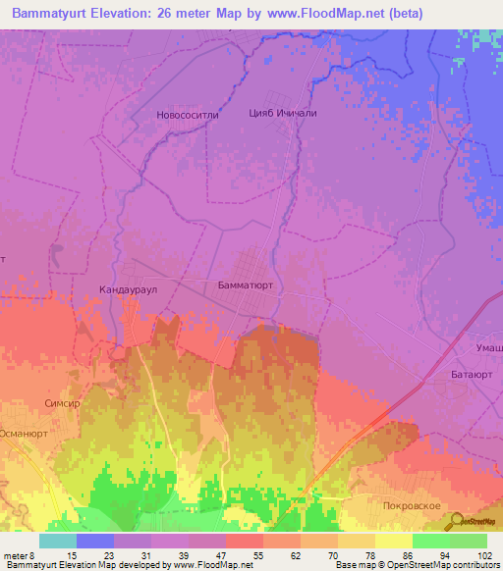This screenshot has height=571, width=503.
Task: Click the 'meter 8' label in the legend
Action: coord(20,554)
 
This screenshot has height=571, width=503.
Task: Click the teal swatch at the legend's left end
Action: coord(57,541)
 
